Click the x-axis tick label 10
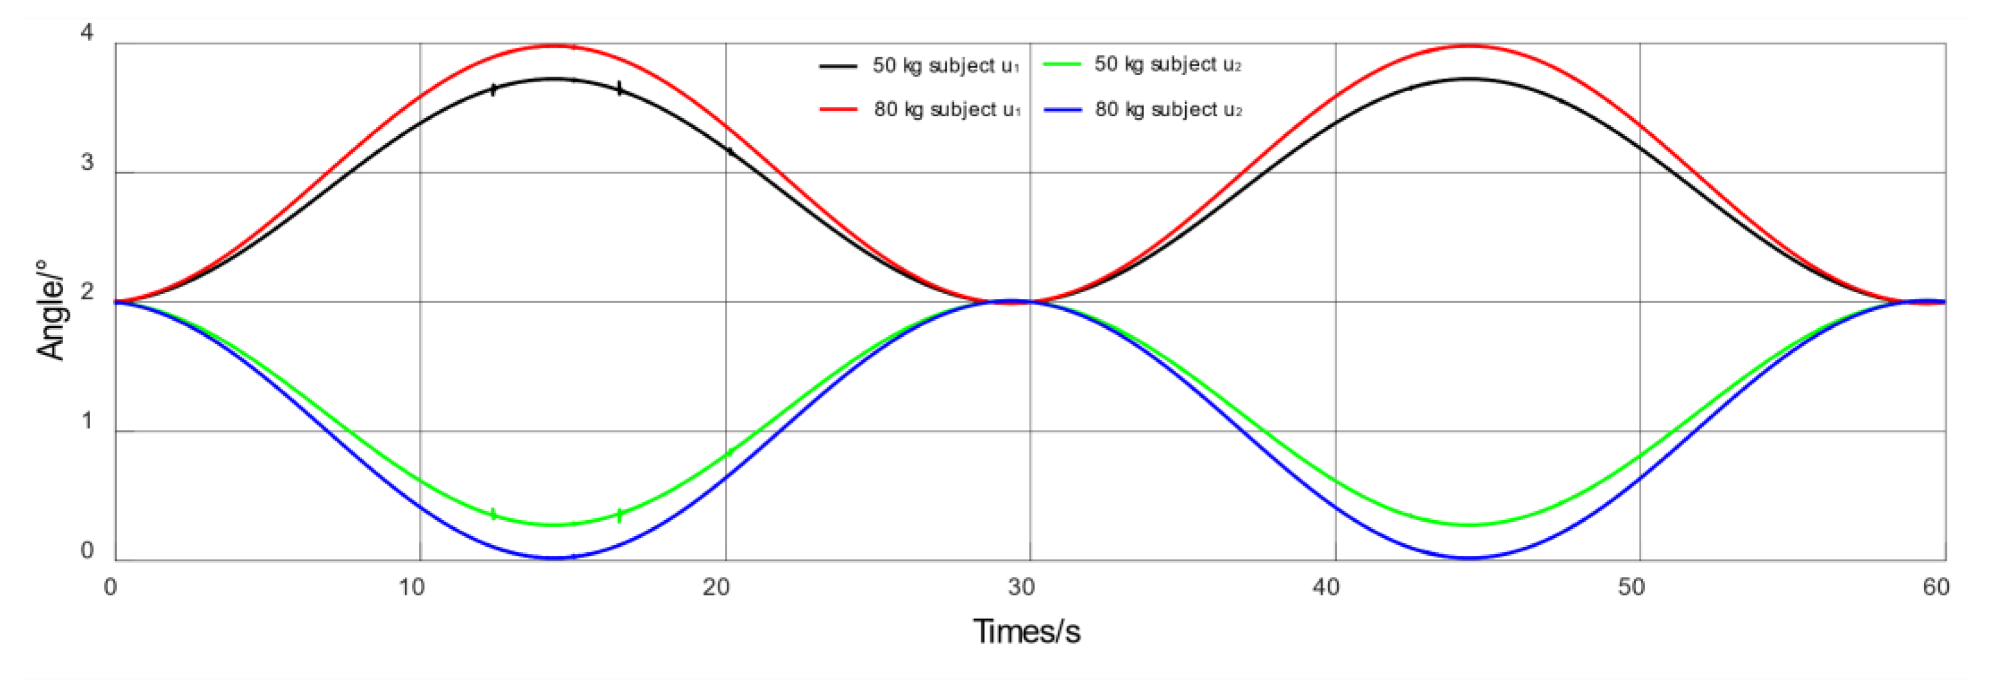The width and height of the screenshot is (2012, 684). (x=411, y=587)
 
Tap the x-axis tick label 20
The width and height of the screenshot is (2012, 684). (x=716, y=587)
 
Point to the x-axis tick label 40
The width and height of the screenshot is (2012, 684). (x=1326, y=587)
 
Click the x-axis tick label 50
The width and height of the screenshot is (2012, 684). (x=1631, y=587)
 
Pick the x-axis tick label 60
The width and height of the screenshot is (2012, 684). (x=1936, y=587)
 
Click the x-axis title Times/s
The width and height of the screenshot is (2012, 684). (x=1027, y=632)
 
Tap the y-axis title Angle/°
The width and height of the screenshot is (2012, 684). (x=51, y=310)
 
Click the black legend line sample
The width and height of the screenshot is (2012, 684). (x=838, y=66)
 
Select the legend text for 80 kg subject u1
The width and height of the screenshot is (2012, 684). (x=947, y=110)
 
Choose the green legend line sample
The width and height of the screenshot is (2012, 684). (x=1062, y=64)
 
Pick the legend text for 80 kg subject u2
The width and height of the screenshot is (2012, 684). (x=1168, y=110)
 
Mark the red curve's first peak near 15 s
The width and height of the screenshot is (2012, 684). (x=554, y=46)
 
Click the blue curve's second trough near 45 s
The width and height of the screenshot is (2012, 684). (x=1469, y=558)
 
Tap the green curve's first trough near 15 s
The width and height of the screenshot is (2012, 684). (x=554, y=525)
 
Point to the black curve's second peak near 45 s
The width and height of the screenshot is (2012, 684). (x=1469, y=79)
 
